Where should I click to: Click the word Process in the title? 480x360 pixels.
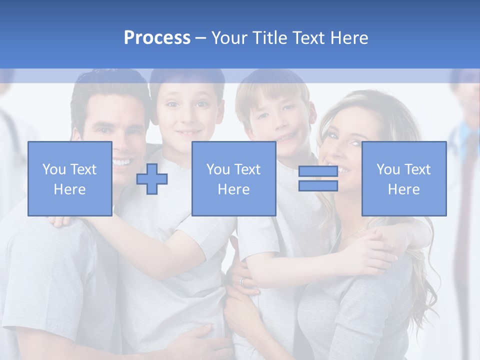click(157, 38)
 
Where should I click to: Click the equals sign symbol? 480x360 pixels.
click(318, 178)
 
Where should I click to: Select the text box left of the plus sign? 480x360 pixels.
click(70, 178)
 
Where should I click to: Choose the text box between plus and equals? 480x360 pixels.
click(233, 178)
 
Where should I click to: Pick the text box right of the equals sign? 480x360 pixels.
click(403, 178)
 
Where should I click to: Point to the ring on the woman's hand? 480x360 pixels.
click(242, 281)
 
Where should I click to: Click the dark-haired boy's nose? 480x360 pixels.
click(186, 116)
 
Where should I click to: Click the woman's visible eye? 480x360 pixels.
click(354, 143)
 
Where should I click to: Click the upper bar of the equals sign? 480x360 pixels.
click(318, 171)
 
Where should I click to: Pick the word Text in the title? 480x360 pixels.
click(309, 38)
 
